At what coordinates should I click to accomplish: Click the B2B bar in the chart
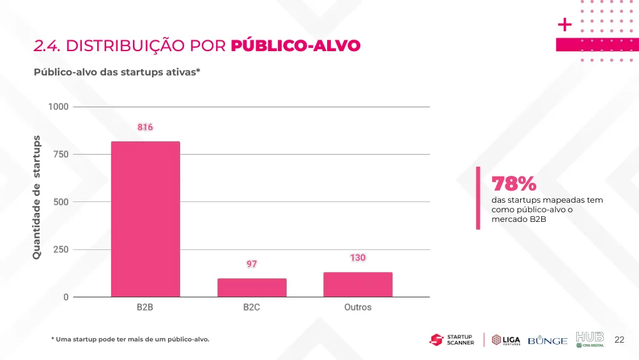(146, 219)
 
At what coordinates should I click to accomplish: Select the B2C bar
(252, 288)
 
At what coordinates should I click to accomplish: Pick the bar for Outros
(358, 285)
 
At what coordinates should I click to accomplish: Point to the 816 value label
(145, 127)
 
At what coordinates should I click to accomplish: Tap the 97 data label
(251, 264)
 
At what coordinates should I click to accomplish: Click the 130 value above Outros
(358, 258)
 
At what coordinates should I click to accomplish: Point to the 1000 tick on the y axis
(58, 107)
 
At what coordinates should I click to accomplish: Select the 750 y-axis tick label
(61, 155)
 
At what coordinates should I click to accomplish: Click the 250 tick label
(61, 249)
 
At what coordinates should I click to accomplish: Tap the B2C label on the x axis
(251, 307)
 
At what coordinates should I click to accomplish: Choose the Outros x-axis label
(358, 307)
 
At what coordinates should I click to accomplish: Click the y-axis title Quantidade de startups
(36, 198)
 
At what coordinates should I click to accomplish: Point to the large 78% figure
(514, 184)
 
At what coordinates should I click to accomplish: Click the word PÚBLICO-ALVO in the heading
(295, 45)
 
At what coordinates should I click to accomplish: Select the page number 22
(619, 340)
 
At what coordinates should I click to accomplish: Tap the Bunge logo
(548, 340)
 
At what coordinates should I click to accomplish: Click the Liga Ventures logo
(505, 340)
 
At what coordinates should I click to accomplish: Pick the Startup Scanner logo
(452, 340)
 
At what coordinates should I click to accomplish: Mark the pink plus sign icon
(564, 25)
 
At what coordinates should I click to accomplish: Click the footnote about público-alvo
(130, 339)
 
